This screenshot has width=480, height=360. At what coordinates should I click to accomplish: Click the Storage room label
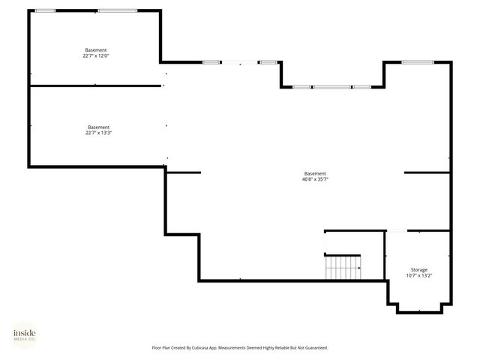point(419,269)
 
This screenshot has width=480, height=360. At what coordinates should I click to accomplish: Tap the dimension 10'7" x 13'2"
point(419,275)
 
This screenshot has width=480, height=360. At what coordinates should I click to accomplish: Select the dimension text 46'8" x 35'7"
point(315,179)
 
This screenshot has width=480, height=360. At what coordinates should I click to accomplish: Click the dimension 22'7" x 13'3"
point(99,133)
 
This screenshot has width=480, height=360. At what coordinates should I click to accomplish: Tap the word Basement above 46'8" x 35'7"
point(315,173)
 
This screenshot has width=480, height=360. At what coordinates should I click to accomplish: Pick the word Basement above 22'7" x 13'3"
point(99,127)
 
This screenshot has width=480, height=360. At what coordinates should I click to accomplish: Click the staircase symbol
point(342,267)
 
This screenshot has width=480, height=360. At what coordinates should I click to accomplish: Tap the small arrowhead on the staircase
point(359,268)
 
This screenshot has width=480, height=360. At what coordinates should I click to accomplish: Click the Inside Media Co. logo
point(24,335)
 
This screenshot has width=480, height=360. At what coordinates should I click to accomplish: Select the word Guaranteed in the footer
point(312,347)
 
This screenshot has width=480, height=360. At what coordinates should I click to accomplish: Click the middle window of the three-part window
point(331,87)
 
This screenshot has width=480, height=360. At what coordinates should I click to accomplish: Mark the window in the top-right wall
point(418,62)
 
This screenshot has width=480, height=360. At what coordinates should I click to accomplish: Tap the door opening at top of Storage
point(396,231)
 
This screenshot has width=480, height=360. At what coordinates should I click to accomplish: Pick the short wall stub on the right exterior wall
point(427,172)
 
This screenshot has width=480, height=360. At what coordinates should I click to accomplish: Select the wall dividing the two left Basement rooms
point(96,85)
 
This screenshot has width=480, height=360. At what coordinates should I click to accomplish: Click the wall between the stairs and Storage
point(385,255)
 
